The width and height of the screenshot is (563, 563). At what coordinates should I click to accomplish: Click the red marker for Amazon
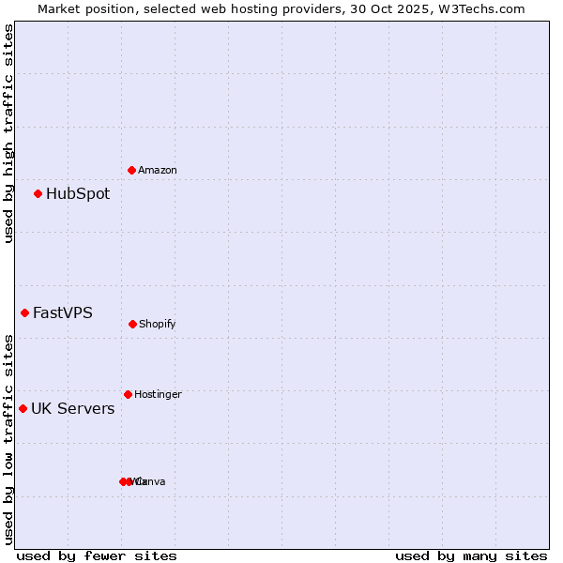click(x=132, y=170)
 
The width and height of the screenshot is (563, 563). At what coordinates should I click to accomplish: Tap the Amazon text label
click(x=158, y=171)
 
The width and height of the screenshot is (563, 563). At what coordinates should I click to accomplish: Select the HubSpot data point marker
click(x=38, y=194)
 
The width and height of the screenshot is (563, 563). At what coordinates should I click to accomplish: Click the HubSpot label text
click(x=78, y=194)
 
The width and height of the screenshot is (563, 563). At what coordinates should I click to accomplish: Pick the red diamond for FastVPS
click(x=25, y=312)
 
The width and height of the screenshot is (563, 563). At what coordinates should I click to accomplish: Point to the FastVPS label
click(x=63, y=313)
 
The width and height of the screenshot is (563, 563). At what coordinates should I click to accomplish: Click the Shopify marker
click(x=132, y=324)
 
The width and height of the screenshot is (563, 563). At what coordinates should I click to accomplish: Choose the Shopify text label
click(x=158, y=325)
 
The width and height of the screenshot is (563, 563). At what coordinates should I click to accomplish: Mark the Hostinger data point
click(x=129, y=394)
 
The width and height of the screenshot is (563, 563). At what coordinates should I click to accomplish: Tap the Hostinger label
click(x=158, y=395)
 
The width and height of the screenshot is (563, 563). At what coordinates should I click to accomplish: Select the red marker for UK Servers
click(x=23, y=408)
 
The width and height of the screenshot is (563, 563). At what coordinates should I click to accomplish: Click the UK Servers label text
click(x=73, y=409)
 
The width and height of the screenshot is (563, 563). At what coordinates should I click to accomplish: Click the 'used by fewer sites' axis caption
click(x=97, y=555)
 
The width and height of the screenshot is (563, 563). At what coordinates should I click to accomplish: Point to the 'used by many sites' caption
click(x=471, y=555)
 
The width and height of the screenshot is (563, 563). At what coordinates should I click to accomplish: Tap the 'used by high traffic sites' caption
click(x=8, y=133)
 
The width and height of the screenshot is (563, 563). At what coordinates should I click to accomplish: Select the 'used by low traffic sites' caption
click(x=8, y=439)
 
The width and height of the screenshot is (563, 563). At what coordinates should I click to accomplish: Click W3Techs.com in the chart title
click(x=478, y=8)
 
